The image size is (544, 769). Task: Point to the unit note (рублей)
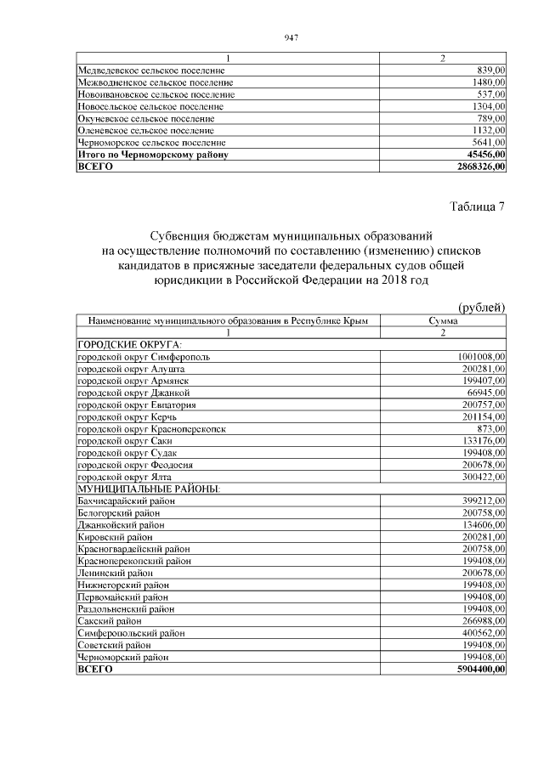[x=481, y=307]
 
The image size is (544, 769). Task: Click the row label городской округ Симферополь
[x=144, y=357]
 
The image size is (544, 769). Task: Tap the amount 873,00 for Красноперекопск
[x=491, y=429]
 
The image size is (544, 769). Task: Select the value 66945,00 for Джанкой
[x=484, y=393]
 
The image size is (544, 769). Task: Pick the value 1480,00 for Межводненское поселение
[x=489, y=82]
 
